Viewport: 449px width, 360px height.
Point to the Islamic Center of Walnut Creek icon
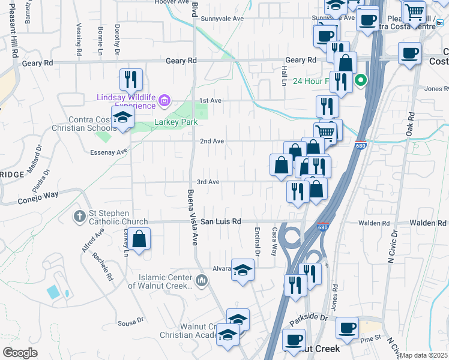tap(202, 280)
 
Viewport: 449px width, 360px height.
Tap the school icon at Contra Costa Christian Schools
tap(122, 117)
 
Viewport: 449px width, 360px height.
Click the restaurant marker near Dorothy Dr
tap(131, 79)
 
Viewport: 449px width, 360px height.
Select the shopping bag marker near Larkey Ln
tap(139, 239)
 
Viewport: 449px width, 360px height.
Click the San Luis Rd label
tap(220, 221)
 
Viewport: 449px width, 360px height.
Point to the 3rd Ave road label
tap(208, 182)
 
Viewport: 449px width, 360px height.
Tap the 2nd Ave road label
tap(212, 141)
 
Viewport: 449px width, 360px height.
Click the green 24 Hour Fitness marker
tap(361, 79)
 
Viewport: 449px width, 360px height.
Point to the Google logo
tap(20, 353)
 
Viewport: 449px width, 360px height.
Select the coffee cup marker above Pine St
tap(347, 328)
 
